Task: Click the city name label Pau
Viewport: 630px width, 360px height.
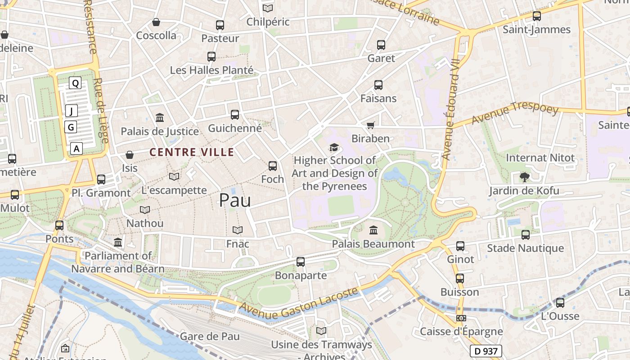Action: coord(234,200)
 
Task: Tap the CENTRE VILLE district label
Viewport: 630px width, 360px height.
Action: coord(192,153)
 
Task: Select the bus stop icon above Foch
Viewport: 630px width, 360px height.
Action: coord(272,166)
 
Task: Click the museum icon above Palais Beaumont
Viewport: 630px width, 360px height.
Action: coord(373,230)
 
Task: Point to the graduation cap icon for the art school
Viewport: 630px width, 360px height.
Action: coord(333,147)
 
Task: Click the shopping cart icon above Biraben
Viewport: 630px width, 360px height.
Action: coord(370,125)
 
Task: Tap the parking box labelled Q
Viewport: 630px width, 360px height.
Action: coord(75,83)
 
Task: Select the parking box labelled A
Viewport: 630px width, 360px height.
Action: coord(76,148)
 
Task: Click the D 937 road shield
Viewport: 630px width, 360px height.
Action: coord(486,351)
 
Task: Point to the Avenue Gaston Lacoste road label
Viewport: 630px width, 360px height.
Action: coord(299,305)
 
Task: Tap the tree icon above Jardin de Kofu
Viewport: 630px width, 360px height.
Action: coord(524,177)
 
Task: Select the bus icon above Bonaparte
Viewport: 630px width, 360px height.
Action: coord(301,261)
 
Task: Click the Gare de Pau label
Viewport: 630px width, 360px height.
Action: coord(210,336)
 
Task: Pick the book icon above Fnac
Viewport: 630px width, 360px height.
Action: coord(238,230)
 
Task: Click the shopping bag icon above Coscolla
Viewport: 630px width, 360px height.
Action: coord(156,22)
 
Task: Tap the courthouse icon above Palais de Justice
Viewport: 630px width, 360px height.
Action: coord(159,118)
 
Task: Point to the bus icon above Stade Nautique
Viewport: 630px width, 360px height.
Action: coord(525,234)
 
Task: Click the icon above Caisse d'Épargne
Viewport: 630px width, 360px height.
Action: coord(461,318)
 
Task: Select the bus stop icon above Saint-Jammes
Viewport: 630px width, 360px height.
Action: coord(536,16)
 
